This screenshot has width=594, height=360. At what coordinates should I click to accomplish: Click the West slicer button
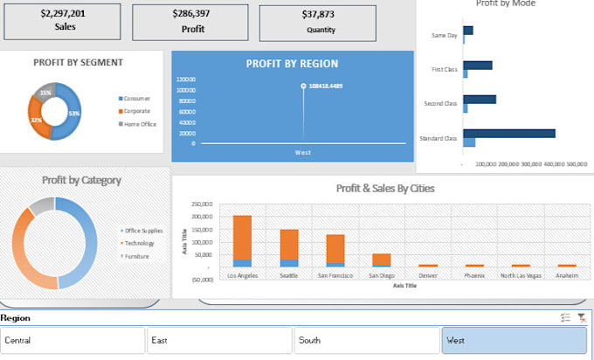[514, 340]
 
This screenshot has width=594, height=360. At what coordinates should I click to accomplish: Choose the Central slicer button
[73, 340]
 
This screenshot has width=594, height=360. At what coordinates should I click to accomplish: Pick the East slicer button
[218, 340]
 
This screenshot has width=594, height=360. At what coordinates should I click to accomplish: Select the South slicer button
[366, 340]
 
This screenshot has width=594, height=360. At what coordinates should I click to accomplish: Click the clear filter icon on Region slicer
[581, 319]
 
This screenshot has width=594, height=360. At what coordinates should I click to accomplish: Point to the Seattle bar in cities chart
[289, 245]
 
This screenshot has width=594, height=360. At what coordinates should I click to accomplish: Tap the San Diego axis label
[381, 275]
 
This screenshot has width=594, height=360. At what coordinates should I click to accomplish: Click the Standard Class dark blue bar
[509, 134]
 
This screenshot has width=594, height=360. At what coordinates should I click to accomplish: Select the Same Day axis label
[445, 36]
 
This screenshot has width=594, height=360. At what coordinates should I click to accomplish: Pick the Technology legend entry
[141, 244]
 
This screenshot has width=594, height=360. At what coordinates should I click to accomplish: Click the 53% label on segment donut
[75, 114]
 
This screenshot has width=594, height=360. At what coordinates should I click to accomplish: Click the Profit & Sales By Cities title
[385, 188]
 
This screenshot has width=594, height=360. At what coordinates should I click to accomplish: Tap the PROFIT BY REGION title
[292, 64]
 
